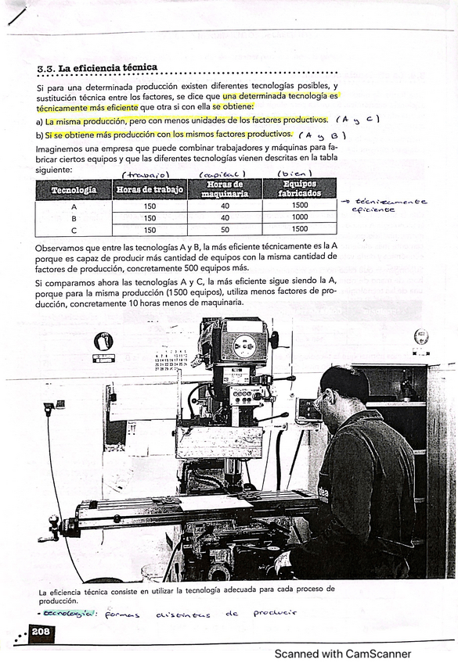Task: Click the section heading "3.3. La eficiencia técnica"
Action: [x=97, y=68]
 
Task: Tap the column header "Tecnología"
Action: [x=74, y=189]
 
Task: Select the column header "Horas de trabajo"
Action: [x=150, y=189]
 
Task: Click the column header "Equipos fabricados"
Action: [x=301, y=188]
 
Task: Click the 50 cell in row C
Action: [x=225, y=230]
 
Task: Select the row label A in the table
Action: [x=74, y=206]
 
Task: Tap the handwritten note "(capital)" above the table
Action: [x=222, y=174]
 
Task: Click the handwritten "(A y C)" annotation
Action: [x=357, y=120]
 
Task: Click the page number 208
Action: [x=41, y=632]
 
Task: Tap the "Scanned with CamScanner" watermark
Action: [x=342, y=654]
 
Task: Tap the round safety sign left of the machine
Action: [x=103, y=342]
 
